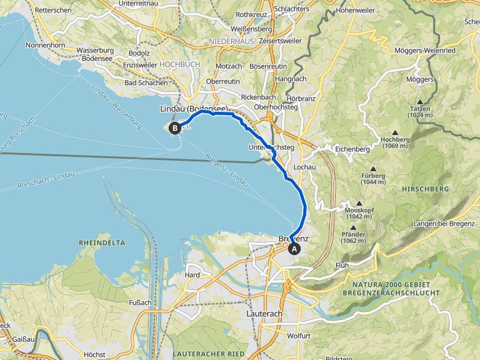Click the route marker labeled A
(294, 247)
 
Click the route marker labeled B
(175, 127)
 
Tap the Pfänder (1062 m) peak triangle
(354, 227)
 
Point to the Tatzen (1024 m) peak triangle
(419, 102)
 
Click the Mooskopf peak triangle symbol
(359, 203)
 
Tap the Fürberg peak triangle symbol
(373, 169)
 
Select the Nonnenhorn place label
(47, 46)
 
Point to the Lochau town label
(303, 168)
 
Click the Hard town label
(192, 275)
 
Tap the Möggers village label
(419, 80)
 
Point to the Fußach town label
(141, 303)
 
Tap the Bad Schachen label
(146, 82)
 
